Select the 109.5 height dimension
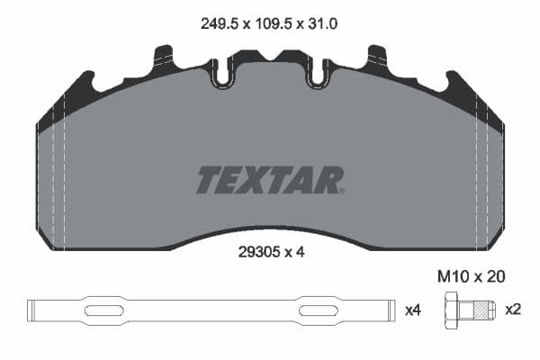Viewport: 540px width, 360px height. (x=274, y=24)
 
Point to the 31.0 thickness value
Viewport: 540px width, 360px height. (x=322, y=24)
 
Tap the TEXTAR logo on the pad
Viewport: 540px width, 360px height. (x=270, y=180)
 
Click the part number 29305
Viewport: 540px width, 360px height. (x=259, y=253)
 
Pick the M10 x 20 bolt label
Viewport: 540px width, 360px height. (x=471, y=276)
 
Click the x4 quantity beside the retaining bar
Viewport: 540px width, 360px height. (x=413, y=310)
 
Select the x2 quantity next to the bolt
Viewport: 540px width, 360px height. (x=513, y=310)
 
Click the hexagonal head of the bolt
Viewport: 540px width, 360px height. (x=451, y=310)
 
